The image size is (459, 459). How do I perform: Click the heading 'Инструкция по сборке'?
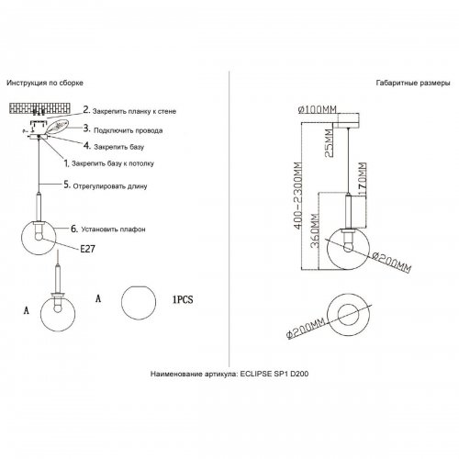click(45, 83)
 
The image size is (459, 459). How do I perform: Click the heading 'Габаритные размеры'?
click(413, 83)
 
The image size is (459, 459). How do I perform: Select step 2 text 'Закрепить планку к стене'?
click(134, 111)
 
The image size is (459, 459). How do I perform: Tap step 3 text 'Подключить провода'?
click(129, 130)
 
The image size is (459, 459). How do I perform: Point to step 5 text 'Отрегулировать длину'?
click(110, 186)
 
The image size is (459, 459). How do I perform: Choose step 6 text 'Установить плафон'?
click(113, 229)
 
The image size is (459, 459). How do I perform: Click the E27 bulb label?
click(87, 249)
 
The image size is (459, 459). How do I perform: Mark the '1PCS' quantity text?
click(183, 299)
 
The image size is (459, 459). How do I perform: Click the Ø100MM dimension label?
click(318, 109)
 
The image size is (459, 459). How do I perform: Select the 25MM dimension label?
click(329, 143)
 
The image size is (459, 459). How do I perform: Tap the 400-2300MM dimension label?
click(297, 196)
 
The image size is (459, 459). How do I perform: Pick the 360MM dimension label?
click(315, 230)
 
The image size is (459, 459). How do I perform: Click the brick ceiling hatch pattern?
click(40, 108)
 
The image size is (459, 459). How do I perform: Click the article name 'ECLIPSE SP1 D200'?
click(274, 374)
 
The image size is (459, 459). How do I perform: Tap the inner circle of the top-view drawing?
click(348, 305)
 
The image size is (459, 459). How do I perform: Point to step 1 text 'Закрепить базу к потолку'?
click(113, 163)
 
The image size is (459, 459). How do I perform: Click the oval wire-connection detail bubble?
click(58, 127)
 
